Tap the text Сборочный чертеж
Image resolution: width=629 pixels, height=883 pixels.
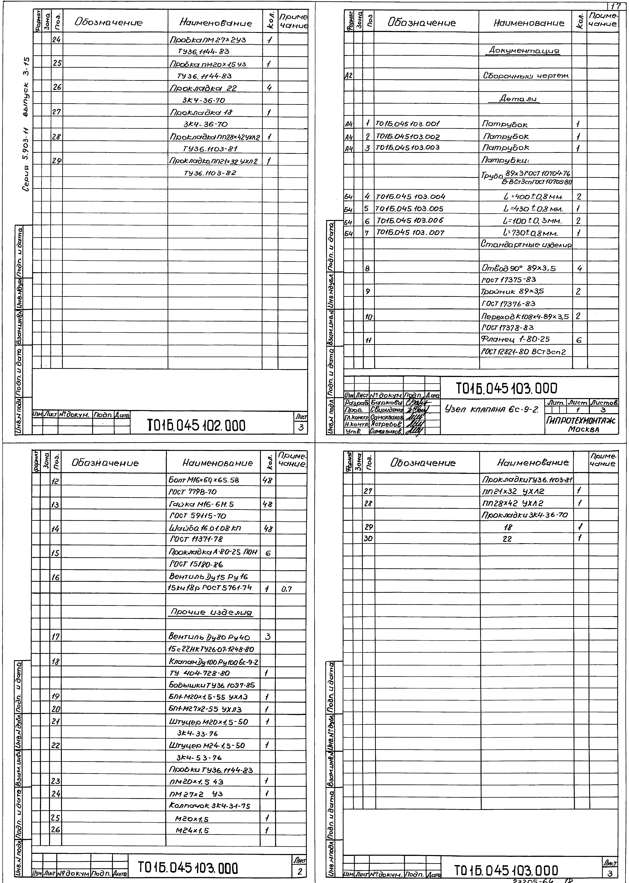[526, 76]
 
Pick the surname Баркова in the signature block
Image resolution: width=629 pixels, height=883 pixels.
[387, 403]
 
